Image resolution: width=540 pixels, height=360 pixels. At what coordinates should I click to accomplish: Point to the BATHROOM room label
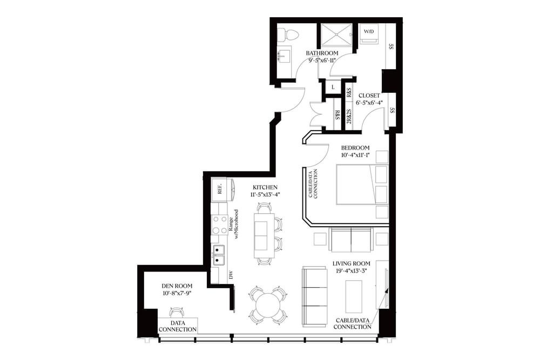322,53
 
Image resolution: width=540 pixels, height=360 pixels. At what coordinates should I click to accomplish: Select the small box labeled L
333,87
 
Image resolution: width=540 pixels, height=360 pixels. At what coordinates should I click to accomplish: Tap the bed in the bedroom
361,185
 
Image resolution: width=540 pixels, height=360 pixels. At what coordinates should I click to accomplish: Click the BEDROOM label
355,148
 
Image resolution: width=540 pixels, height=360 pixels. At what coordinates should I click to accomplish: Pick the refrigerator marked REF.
220,189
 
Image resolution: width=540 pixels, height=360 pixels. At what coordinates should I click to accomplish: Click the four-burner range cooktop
219,224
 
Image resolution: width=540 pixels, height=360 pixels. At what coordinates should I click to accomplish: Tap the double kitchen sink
219,255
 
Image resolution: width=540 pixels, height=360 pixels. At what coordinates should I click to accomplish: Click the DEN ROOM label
177,286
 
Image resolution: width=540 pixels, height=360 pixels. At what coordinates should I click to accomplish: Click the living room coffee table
354,296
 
